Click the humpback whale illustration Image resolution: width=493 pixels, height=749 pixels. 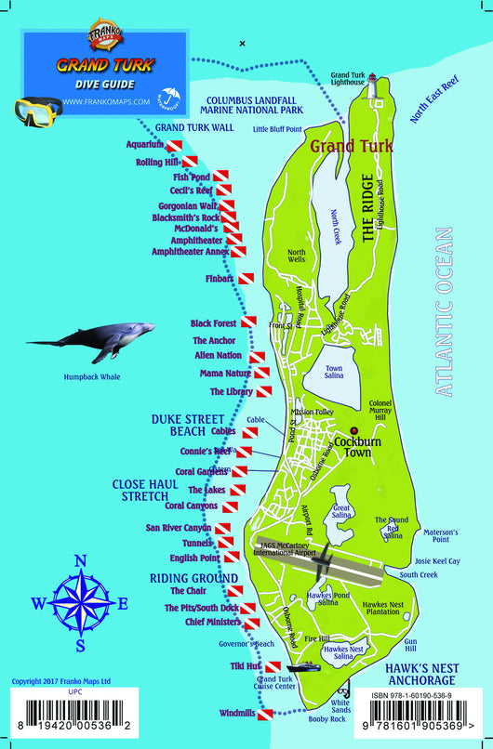pyautogui.click(x=93, y=340)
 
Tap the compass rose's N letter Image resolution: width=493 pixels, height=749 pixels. pyautogui.click(x=81, y=561)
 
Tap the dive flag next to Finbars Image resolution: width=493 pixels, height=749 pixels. pyautogui.click(x=246, y=278)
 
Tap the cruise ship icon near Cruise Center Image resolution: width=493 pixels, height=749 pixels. pyautogui.click(x=304, y=667)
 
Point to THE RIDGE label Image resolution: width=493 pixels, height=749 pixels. pyautogui.click(x=368, y=208)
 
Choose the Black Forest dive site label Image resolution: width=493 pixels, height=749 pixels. pyautogui.click(x=213, y=323)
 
